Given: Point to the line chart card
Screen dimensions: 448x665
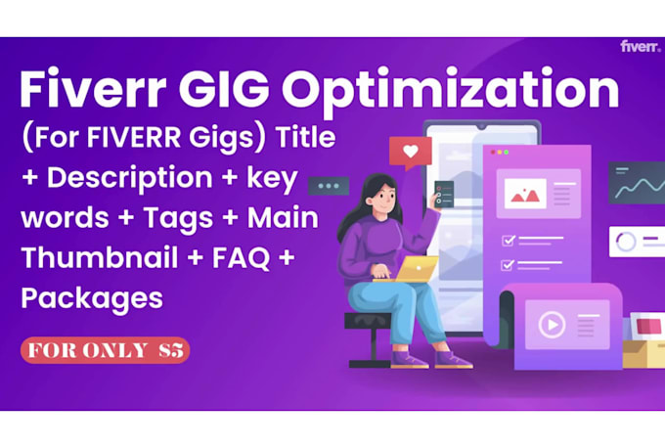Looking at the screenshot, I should (637, 183).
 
